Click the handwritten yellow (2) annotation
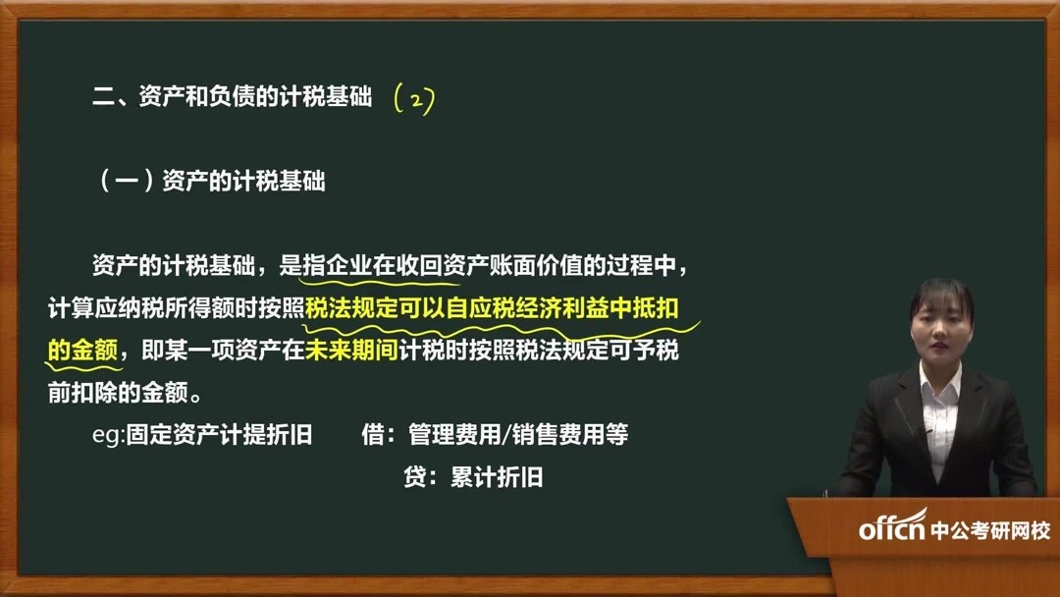(x=413, y=99)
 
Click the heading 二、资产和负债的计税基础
(x=233, y=98)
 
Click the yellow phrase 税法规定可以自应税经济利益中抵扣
(x=492, y=308)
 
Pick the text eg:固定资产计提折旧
(x=202, y=435)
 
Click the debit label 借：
(x=378, y=435)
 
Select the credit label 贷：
(x=420, y=478)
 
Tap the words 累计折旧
(x=497, y=478)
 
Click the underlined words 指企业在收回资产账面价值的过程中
(x=490, y=266)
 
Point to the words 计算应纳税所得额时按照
(x=177, y=308)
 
